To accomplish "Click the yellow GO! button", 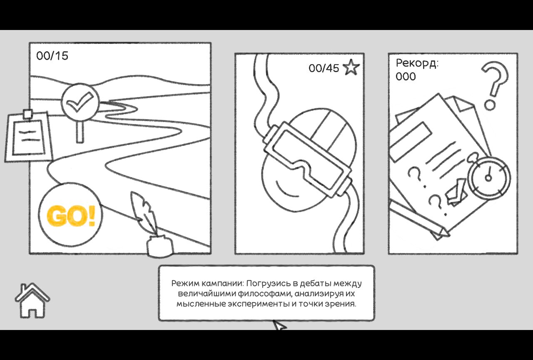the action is point(71,215).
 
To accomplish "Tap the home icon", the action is point(32,300).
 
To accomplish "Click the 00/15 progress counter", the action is point(52,56).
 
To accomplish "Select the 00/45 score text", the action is point(324,68).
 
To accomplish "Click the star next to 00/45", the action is point(351,67).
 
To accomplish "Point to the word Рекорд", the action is point(417,63).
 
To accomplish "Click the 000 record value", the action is point(406,76).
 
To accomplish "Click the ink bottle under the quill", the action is point(159,246).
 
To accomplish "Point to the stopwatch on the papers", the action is point(489,177).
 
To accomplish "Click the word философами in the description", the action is point(264,294).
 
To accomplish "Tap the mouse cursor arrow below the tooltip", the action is point(279,325).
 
